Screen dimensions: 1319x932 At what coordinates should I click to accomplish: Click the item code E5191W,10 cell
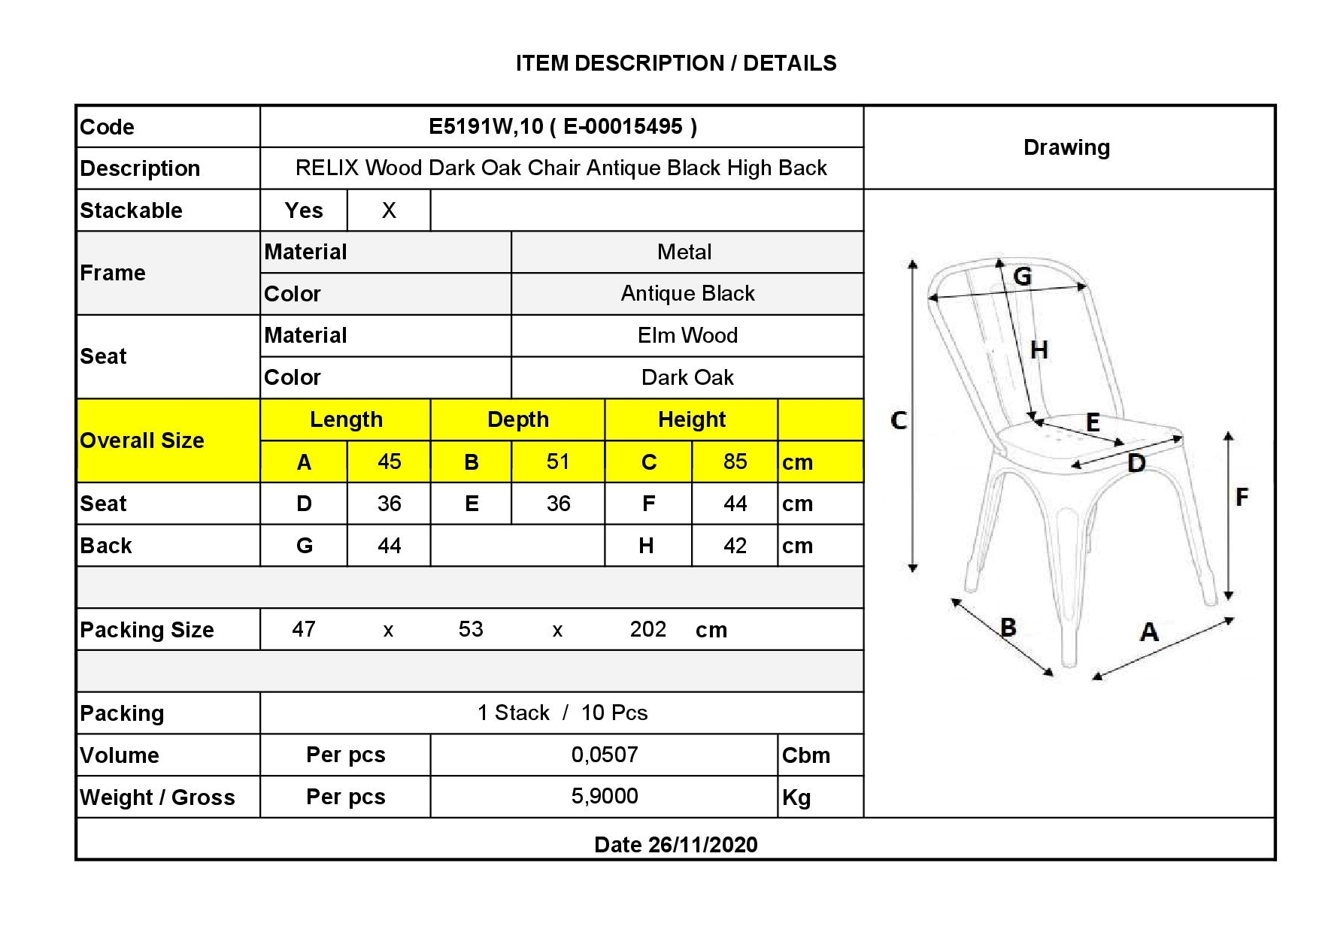(x=562, y=126)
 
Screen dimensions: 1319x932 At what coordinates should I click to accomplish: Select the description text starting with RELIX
(x=561, y=168)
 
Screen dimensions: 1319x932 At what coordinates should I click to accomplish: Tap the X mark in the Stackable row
(x=389, y=210)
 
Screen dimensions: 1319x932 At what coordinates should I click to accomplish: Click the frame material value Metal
(x=684, y=252)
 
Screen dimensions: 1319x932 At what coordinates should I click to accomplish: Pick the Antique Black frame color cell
(x=687, y=293)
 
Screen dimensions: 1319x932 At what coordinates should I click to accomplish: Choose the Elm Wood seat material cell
(x=687, y=335)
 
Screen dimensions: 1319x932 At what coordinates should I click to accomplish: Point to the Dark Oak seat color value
(x=687, y=377)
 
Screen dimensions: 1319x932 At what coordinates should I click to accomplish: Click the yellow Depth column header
(x=518, y=419)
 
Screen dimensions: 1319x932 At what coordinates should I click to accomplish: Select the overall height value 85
(x=735, y=461)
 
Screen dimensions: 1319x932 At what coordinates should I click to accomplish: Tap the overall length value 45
(x=389, y=461)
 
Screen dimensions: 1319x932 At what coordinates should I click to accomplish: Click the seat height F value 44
(x=735, y=504)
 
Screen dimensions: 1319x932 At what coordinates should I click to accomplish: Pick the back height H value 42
(x=735, y=546)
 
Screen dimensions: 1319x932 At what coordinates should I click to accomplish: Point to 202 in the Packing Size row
(x=648, y=629)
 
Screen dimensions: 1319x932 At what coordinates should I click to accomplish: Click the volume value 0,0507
(x=605, y=755)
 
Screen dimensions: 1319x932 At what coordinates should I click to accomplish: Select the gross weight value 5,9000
(x=605, y=796)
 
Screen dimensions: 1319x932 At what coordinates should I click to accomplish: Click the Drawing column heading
(x=1066, y=147)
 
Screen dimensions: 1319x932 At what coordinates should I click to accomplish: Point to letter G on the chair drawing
(x=1022, y=277)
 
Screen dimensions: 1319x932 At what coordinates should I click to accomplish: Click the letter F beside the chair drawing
(x=1242, y=496)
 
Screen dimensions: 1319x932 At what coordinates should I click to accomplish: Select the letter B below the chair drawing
(x=1008, y=627)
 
